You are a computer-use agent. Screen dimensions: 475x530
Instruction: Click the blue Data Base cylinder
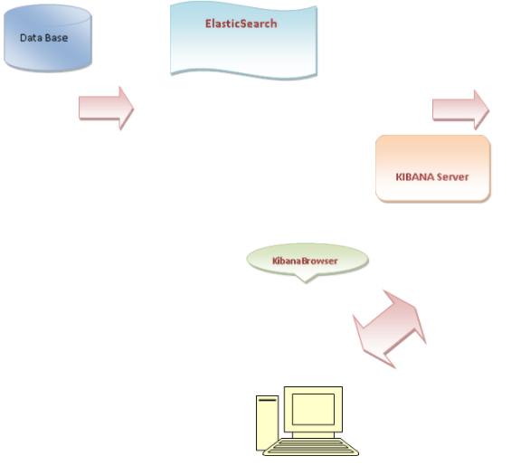48,40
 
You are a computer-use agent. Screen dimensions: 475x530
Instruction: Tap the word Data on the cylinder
32,38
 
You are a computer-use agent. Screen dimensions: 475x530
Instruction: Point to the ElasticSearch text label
241,24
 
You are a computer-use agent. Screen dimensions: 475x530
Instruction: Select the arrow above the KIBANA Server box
460,109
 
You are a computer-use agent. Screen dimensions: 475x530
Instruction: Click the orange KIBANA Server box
433,168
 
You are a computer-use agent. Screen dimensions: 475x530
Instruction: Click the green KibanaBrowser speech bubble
307,260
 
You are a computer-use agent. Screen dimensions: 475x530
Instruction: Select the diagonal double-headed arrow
388,328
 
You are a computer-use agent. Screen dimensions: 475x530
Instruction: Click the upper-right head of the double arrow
408,309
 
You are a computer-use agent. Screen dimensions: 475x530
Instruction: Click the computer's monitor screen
313,411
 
